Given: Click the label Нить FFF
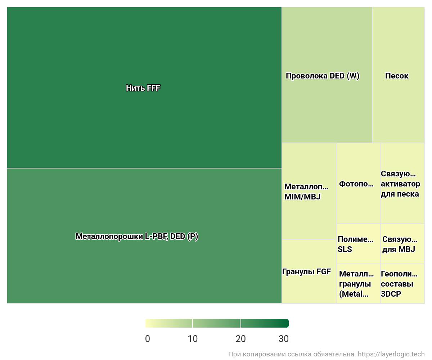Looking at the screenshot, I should point(143,88).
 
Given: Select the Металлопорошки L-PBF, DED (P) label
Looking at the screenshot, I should point(137,237).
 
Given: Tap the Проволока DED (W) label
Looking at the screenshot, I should point(322,76).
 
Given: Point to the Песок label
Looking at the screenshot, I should point(397,76).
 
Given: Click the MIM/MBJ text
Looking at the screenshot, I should point(302,197).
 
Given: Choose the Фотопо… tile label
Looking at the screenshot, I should point(356,184).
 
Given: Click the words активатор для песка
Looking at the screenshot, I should point(400,189).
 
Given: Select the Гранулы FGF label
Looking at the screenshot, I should point(306,272).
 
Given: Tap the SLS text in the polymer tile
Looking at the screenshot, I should point(345,249).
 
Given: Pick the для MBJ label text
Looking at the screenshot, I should point(399,249).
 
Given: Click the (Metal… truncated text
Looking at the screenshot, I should point(354,294).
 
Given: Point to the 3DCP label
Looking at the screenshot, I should point(391,294).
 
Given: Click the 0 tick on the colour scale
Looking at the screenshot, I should point(148,339).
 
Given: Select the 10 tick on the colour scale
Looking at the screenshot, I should point(193,339).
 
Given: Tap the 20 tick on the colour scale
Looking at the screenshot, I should point(240,339).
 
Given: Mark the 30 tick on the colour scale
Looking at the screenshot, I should point(284,339).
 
